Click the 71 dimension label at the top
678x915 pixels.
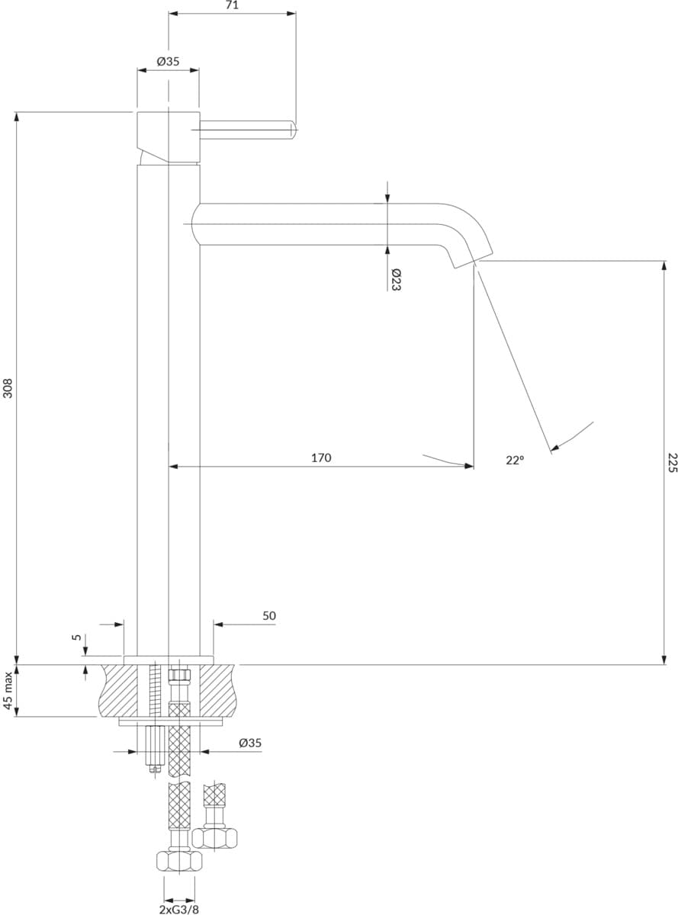point(233,6)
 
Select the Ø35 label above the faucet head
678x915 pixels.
point(168,62)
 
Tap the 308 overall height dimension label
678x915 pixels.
point(8,388)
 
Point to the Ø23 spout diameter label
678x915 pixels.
point(396,280)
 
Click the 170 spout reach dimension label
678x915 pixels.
point(321,458)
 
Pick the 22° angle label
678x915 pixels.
point(515,460)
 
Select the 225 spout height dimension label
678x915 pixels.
point(673,463)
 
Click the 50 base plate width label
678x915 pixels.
point(269,616)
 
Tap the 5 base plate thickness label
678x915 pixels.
point(77,637)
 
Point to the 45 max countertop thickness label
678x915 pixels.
point(8,691)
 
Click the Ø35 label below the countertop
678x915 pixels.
point(250,743)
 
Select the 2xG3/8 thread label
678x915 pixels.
point(179,907)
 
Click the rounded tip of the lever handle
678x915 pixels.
point(294,130)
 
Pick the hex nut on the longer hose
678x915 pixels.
point(179,860)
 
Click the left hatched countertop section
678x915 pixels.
point(118,691)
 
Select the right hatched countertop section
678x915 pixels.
point(219,691)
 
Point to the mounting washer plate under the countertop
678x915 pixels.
point(170,721)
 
